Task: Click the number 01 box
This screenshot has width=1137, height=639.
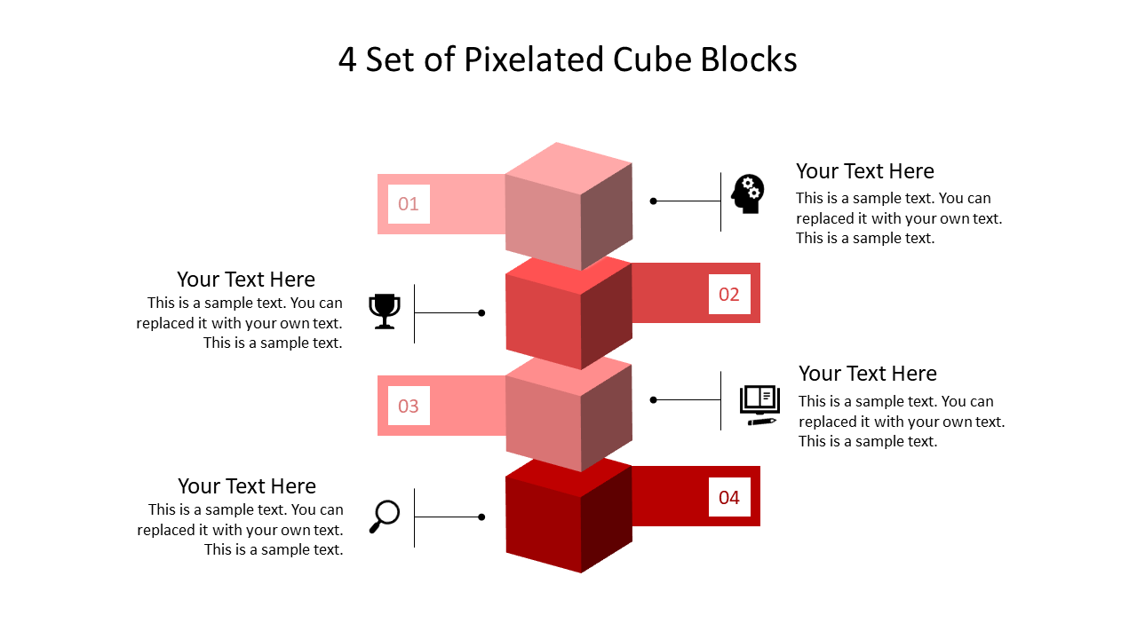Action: (x=409, y=204)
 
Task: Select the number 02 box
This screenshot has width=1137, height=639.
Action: (x=729, y=294)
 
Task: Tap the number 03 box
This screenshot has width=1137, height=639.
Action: (x=409, y=406)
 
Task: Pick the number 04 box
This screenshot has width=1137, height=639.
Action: (x=729, y=497)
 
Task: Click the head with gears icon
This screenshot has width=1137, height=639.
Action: (x=748, y=193)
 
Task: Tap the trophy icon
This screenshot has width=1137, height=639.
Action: (x=385, y=312)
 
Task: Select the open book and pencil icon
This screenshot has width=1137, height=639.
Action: (x=759, y=406)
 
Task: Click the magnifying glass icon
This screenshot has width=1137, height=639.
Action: (x=385, y=517)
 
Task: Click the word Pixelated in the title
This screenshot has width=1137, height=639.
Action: (x=534, y=59)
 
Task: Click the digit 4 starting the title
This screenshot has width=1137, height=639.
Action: (x=347, y=60)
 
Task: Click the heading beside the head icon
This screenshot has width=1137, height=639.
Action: (x=865, y=171)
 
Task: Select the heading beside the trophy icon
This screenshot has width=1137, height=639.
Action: (x=246, y=280)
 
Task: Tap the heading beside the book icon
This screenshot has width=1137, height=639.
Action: (x=868, y=374)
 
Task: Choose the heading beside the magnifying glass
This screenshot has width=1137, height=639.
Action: (x=247, y=486)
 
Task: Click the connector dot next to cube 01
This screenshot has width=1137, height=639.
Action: (x=654, y=201)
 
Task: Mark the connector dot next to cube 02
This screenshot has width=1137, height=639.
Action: (x=481, y=313)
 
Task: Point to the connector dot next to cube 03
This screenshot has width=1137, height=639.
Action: (x=654, y=400)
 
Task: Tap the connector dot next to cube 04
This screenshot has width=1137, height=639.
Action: (x=481, y=517)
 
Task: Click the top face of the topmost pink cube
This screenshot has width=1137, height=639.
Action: (x=568, y=169)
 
